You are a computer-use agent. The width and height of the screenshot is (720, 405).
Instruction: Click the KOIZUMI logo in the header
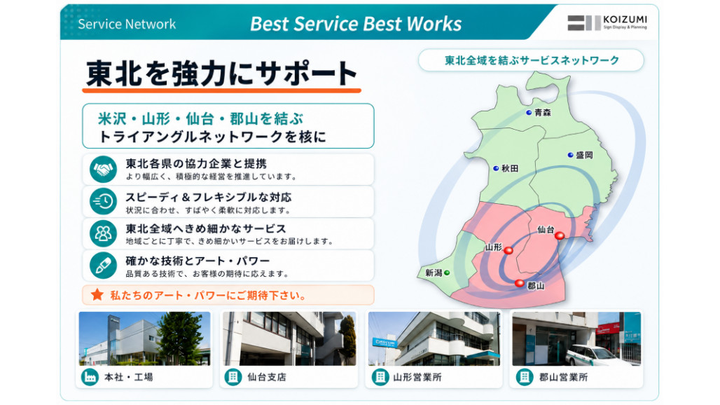pos(607,22)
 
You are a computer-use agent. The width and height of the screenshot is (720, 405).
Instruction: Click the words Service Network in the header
pos(127,24)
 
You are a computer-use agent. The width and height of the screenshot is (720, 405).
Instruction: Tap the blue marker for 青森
pos(529,113)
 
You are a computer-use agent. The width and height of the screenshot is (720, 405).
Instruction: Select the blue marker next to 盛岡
pos(570,156)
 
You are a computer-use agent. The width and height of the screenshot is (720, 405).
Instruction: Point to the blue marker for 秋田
pos(496,169)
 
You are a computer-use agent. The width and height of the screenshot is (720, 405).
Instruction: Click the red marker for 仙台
pos(560,235)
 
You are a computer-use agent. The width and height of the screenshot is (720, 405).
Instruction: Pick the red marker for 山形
pos(508,250)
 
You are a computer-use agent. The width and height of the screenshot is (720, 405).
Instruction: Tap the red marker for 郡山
pos(519,283)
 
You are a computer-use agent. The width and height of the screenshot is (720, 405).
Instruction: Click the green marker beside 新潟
pos(448,273)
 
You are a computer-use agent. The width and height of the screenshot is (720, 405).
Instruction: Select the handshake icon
pos(103,170)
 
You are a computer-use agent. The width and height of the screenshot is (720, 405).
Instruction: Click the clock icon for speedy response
pos(103,201)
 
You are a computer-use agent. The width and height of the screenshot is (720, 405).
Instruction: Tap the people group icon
pos(103,233)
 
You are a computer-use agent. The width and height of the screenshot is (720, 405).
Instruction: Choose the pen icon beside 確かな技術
pos(103,266)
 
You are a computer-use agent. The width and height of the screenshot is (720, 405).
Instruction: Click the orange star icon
pos(97,295)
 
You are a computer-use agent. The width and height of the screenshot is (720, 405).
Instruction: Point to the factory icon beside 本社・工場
pos(90,377)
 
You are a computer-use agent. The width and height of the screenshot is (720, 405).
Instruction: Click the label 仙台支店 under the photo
pos(267,377)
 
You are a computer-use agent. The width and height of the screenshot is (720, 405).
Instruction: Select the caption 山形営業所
pos(417,377)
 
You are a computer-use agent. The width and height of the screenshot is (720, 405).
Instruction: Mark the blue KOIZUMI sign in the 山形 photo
pos(385,343)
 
